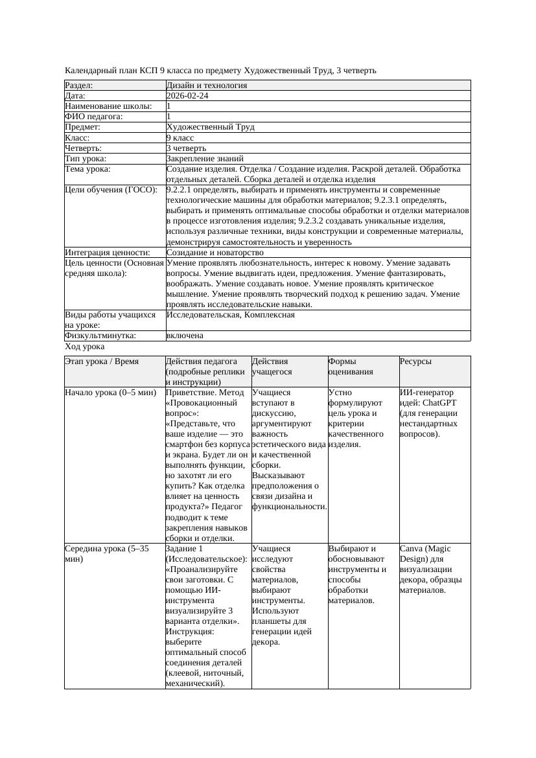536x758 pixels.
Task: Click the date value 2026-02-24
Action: pyautogui.click(x=187, y=96)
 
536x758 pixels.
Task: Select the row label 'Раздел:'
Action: pyautogui.click(x=79, y=86)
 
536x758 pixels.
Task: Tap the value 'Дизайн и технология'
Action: pyautogui.click(x=207, y=86)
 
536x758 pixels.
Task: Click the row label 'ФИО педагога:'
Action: pyautogui.click(x=94, y=117)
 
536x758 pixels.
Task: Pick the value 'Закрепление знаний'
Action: pyautogui.click(x=205, y=158)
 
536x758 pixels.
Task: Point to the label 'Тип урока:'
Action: pyautogui.click(x=86, y=158)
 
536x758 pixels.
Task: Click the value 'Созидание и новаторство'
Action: pyautogui.click(x=215, y=253)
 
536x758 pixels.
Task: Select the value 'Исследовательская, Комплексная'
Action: pyautogui.click(x=230, y=315)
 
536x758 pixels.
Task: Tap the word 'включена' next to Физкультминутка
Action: pyautogui.click(x=185, y=336)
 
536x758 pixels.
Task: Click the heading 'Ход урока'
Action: pyautogui.click(x=85, y=347)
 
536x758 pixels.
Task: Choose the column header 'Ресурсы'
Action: pyautogui.click(x=415, y=362)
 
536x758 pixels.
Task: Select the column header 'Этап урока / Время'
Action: pyautogui.click(x=102, y=362)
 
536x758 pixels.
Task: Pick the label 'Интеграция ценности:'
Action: pyautogui.click(x=108, y=253)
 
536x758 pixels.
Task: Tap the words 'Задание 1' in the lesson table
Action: pyautogui.click(x=185, y=549)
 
